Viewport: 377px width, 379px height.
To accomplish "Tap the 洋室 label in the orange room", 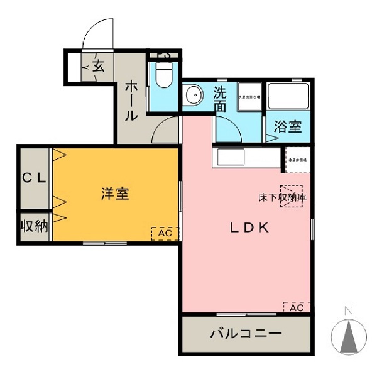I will (x=115, y=194).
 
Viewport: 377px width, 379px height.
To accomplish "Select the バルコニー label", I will (x=246, y=333).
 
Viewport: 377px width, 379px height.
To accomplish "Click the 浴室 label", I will (x=287, y=126).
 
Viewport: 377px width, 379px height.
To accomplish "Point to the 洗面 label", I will (x=219, y=99).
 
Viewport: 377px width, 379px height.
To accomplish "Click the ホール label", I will (x=131, y=100).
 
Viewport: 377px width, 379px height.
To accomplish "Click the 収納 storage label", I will (x=34, y=226).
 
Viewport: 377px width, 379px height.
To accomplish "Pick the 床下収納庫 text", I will (x=283, y=197).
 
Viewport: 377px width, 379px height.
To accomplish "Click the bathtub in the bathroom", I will (x=287, y=97).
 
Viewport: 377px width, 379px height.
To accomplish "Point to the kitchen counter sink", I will (x=230, y=157).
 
